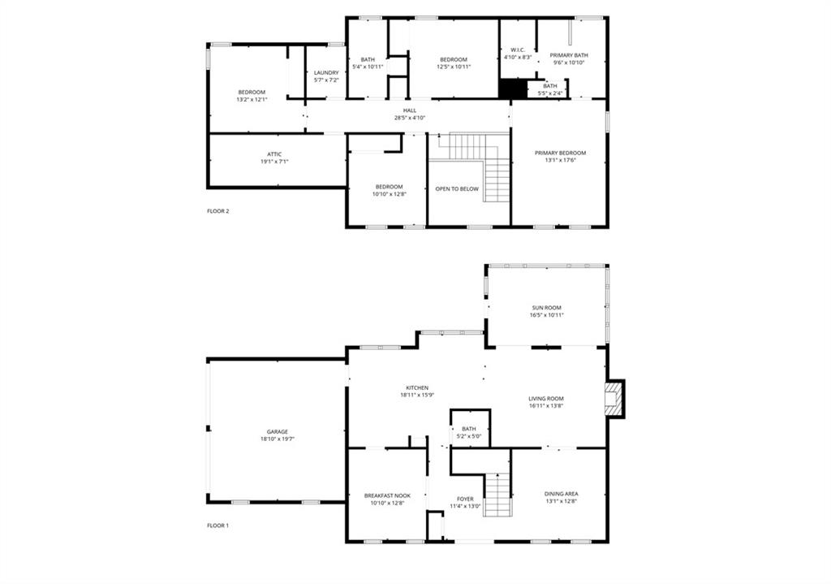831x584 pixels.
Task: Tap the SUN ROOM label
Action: coord(546,308)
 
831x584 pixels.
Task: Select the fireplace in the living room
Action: coord(615,399)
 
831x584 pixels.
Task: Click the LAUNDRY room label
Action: coord(326,72)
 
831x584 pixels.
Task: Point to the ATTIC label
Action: coord(274,154)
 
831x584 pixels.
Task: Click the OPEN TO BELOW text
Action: coord(457,188)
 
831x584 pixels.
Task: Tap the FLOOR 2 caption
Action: coord(217,211)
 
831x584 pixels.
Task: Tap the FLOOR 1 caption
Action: coord(217,526)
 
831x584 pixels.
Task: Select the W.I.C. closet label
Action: coord(518,50)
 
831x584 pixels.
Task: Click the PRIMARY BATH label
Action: coord(569,55)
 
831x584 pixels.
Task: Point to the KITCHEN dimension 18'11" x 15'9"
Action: coord(417,395)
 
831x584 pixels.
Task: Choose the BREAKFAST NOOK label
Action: coord(387,496)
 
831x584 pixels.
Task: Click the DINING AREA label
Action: coord(562,494)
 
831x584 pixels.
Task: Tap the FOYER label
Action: coord(465,500)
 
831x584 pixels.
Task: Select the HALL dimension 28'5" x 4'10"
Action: coord(410,118)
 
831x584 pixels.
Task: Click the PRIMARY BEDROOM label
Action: coord(560,154)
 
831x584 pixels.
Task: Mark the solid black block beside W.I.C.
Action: coord(513,89)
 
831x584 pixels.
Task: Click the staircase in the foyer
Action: coord(497,495)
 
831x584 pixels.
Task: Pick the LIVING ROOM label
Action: coord(546,399)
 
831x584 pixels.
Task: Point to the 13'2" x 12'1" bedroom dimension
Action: coord(252,99)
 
